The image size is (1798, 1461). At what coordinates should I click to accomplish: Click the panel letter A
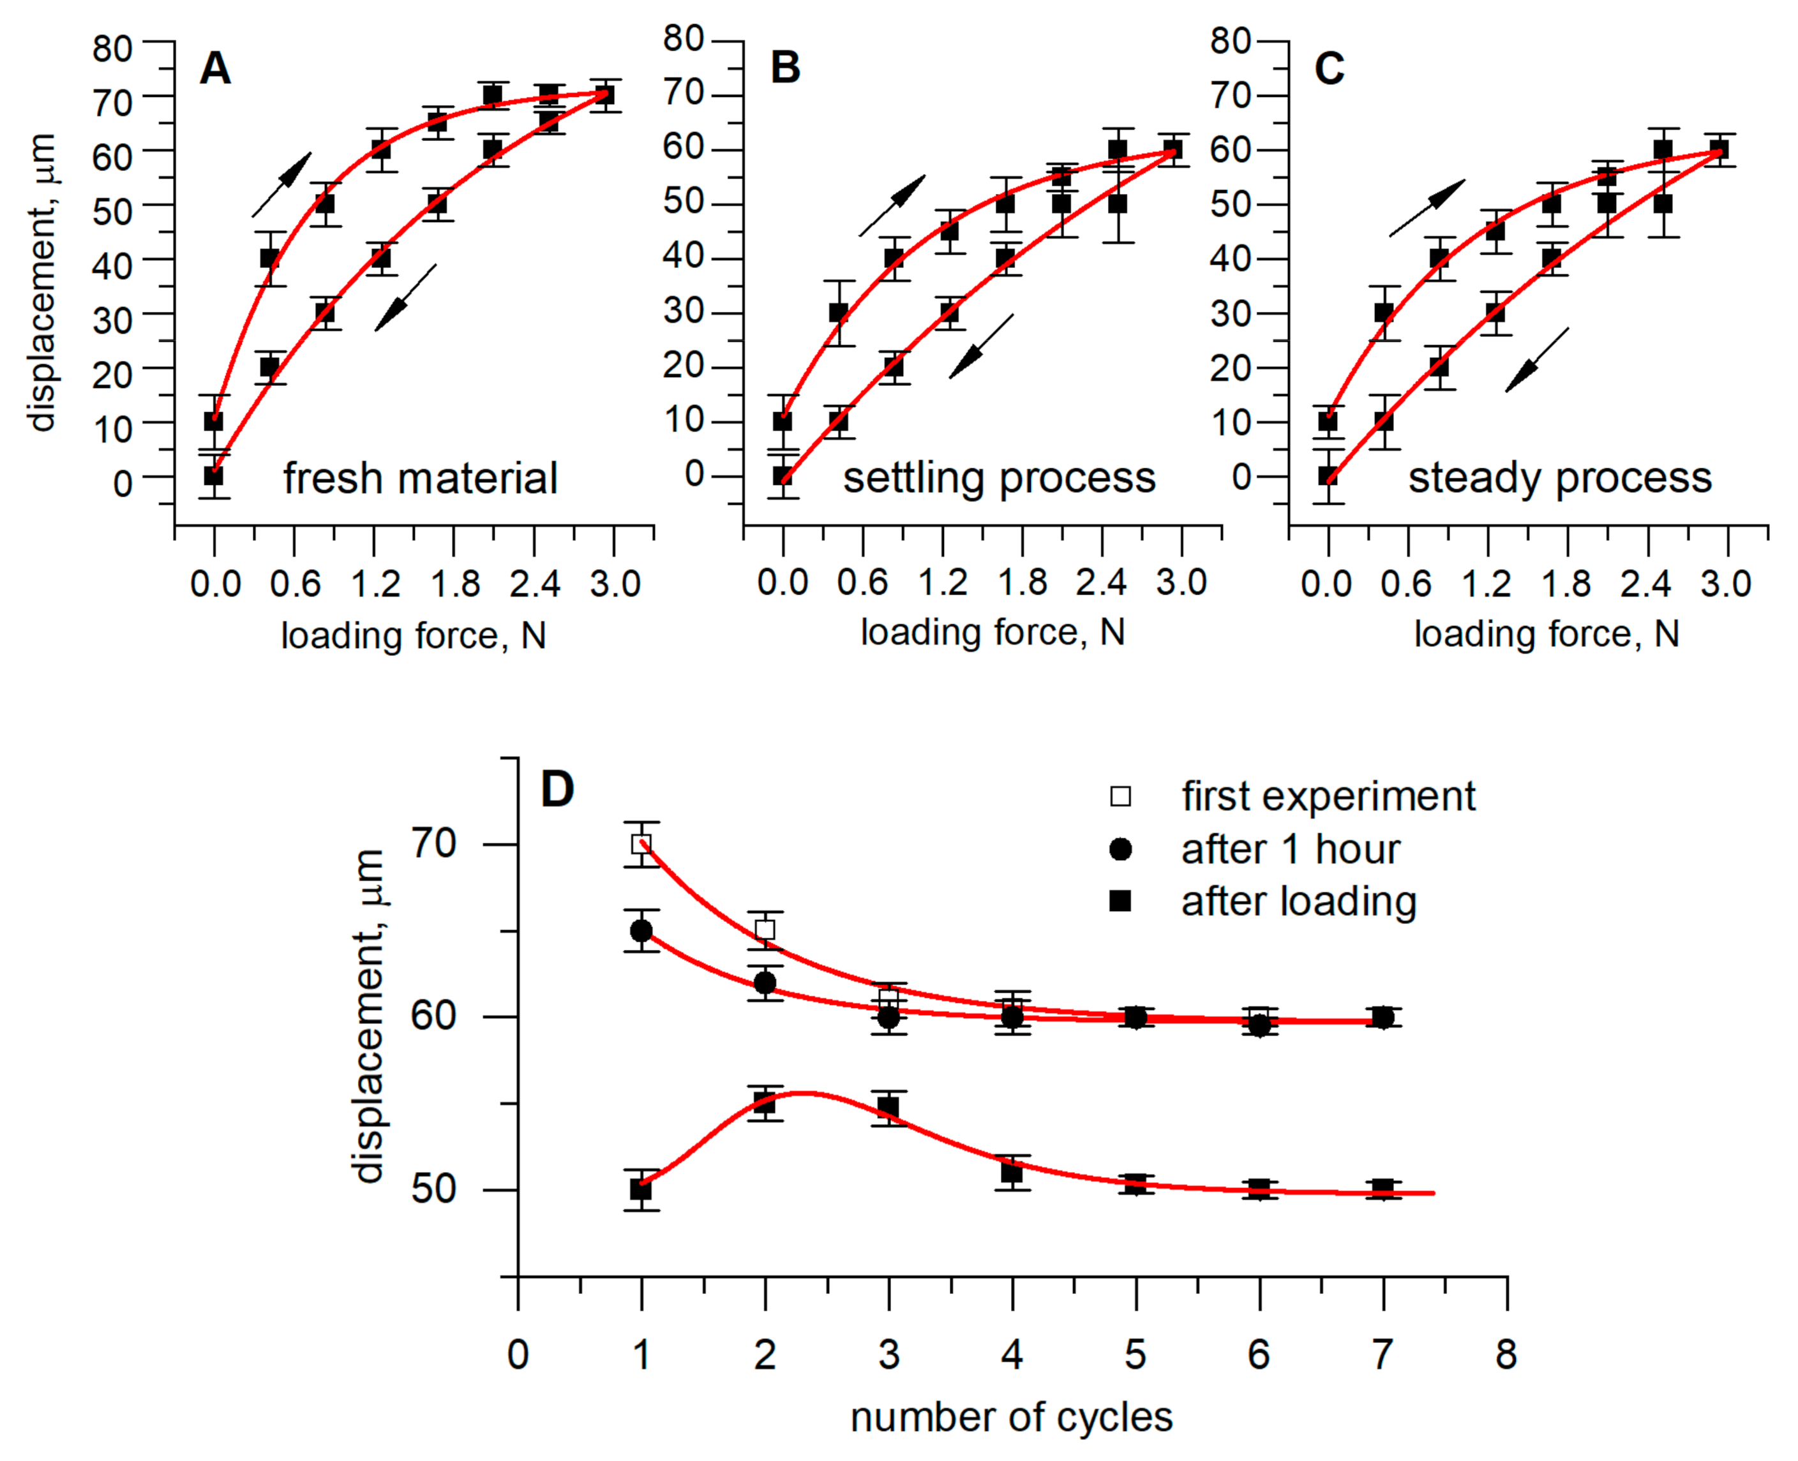pos(214,68)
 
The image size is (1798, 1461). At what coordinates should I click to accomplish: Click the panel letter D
pos(557,789)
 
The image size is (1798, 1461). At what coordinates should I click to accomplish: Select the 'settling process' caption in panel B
pos(999,478)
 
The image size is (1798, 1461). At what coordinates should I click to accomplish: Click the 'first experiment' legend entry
pos(1328,796)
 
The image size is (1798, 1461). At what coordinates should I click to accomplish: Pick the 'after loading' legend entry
pos(1298,901)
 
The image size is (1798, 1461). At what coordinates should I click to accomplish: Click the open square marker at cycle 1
pos(641,843)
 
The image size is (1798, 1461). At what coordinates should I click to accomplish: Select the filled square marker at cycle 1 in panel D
pos(641,1189)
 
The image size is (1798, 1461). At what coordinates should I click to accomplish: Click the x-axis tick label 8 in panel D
pos(1506,1354)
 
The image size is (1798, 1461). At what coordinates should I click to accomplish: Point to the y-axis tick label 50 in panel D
pos(433,1189)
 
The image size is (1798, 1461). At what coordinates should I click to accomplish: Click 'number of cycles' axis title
pos(1011,1417)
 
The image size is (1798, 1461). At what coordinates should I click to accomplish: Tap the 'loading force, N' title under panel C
pos(1547,634)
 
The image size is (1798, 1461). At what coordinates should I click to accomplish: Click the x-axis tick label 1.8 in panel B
pos(1022,582)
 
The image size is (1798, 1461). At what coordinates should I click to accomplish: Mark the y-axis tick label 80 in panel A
pos(112,49)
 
